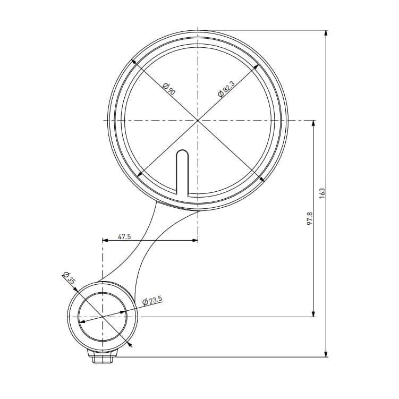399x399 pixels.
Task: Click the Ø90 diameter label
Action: (x=169, y=89)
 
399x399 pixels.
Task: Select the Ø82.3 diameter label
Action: (x=226, y=89)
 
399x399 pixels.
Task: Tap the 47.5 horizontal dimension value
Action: (x=124, y=236)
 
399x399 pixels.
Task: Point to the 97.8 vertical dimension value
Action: (x=309, y=218)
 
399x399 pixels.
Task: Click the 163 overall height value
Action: (x=322, y=193)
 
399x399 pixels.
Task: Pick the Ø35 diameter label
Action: (x=69, y=278)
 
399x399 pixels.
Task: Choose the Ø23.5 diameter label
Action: (x=152, y=301)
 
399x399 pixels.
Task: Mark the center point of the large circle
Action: (x=198, y=120)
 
